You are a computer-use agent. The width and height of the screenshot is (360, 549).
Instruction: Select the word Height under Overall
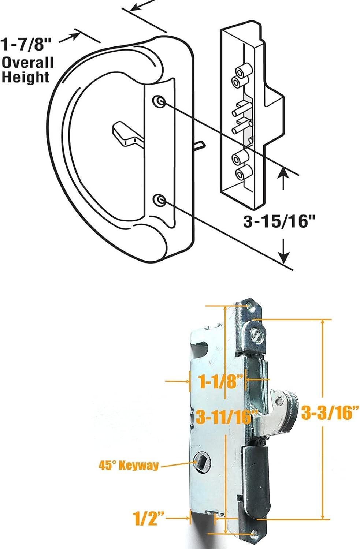click(x=25, y=77)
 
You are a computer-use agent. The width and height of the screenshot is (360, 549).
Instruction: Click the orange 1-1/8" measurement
click(x=221, y=381)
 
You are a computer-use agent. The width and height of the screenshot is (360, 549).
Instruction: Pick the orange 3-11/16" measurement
click(x=226, y=417)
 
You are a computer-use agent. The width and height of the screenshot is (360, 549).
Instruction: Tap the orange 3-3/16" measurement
click(x=329, y=414)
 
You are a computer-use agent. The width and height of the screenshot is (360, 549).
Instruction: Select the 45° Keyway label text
click(x=129, y=466)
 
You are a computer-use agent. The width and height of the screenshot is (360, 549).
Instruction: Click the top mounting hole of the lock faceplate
click(x=250, y=306)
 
